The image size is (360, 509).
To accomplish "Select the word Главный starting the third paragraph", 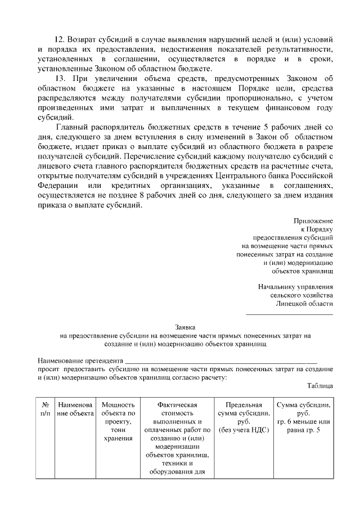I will (73, 127).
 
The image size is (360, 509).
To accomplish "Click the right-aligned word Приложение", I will (313, 220).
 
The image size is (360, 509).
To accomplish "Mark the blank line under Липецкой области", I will (290, 313).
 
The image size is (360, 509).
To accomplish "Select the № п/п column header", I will (46, 409).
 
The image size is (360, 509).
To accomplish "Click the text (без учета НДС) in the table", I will (244, 430).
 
